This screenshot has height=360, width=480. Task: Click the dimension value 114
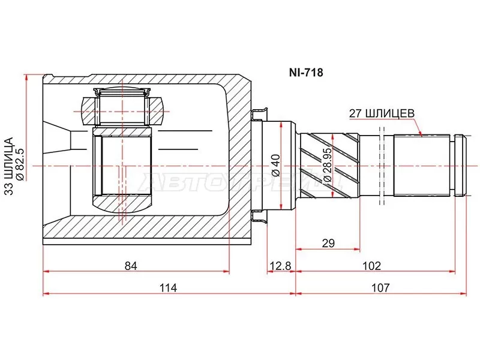pos(168,287)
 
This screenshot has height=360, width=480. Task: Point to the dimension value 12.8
pos(280,265)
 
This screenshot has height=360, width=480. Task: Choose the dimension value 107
pos(380,287)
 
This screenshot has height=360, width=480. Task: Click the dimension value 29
pos(327,243)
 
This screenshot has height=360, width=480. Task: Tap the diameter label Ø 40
pos(275,164)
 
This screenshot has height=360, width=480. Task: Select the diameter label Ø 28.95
pos(327,165)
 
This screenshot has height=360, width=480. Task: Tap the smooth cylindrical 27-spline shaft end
pos(421,165)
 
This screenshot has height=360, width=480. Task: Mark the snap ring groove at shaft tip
pos(460,165)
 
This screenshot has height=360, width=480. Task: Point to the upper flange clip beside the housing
pos(260,113)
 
